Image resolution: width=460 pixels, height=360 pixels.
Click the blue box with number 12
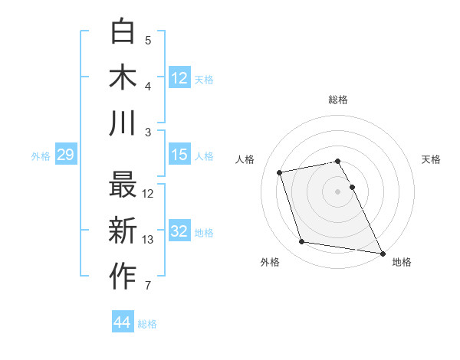pyautogui.click(x=179, y=78)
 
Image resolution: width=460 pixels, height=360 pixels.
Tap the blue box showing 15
pyautogui.click(x=179, y=155)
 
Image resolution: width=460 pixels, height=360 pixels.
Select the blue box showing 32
pyautogui.click(x=179, y=232)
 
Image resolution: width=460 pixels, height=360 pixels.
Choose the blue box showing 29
pyautogui.click(x=65, y=155)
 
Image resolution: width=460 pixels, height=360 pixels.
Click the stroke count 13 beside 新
pyautogui.click(x=149, y=240)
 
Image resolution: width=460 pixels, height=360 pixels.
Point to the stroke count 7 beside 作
pyautogui.click(x=148, y=286)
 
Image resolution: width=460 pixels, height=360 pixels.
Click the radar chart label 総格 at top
pyautogui.click(x=338, y=100)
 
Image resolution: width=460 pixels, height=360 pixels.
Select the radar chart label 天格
pyautogui.click(x=432, y=159)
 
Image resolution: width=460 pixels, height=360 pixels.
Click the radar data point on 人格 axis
pyautogui.click(x=280, y=172)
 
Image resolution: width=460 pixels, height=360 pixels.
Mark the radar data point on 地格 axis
pyautogui.click(x=382, y=252)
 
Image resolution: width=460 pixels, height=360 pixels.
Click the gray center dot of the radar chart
pyautogui.click(x=338, y=191)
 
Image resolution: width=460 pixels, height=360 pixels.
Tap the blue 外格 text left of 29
pyautogui.click(x=41, y=155)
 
